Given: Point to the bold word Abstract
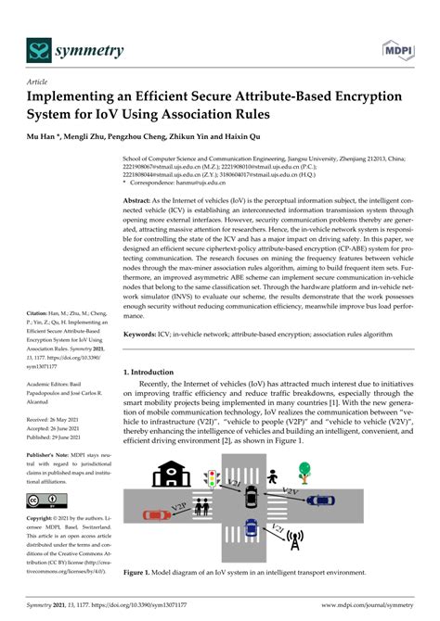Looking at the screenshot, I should click(x=138, y=200).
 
